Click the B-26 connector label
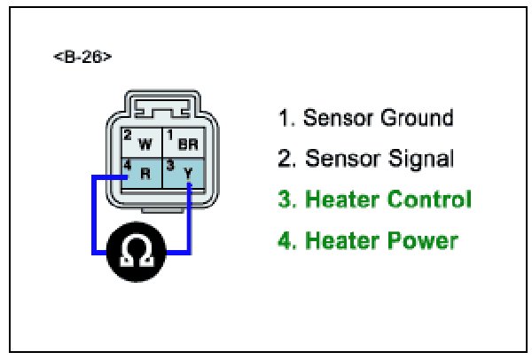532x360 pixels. coord(82,58)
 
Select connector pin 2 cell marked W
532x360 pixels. coord(138,142)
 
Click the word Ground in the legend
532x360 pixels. coord(416,118)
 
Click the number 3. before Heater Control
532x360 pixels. coord(286,200)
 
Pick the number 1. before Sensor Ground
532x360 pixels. coord(286,118)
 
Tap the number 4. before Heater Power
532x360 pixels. coord(286,240)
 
